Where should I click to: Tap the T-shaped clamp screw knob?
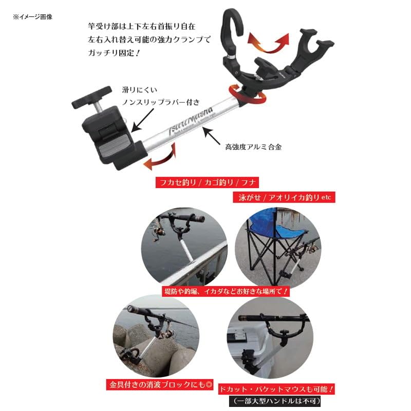[92, 96]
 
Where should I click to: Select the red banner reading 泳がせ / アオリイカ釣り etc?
[283, 196]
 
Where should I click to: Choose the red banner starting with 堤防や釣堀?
[226, 291]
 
